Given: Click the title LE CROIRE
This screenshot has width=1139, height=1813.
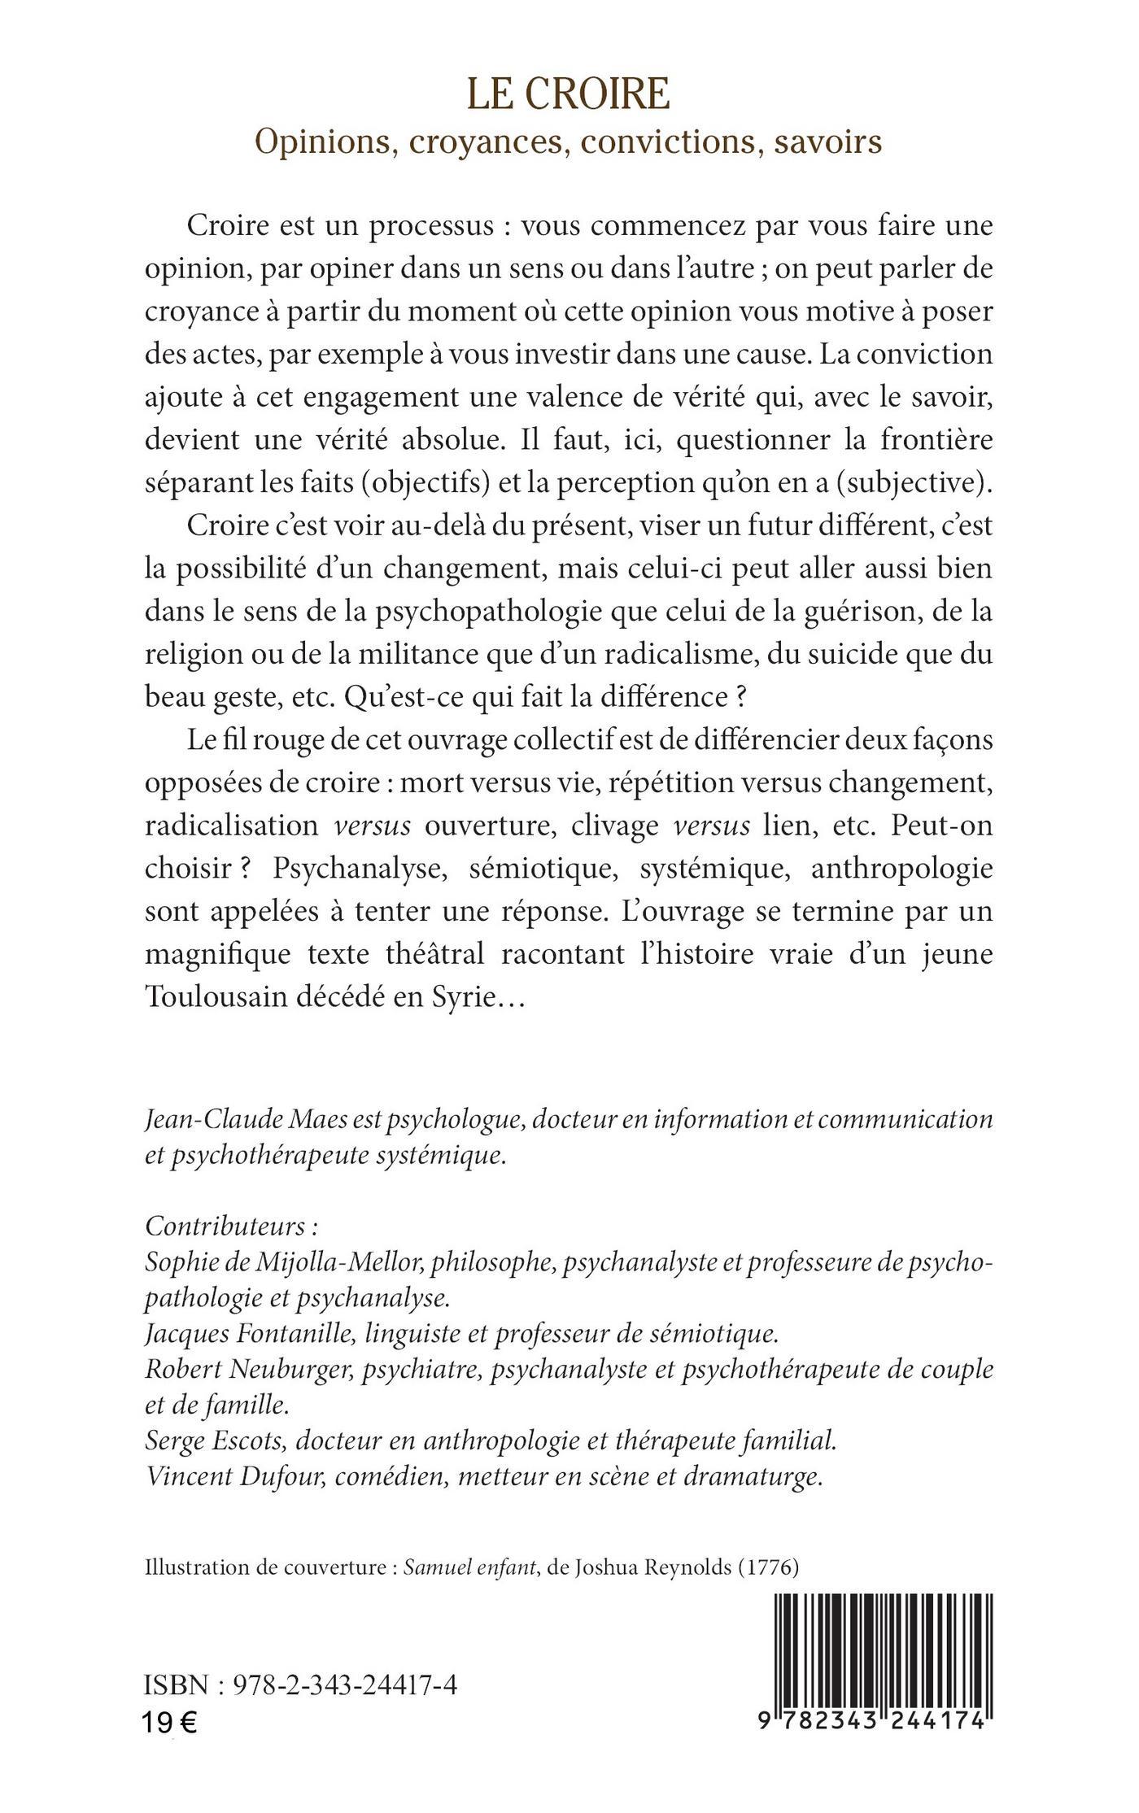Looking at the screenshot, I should coord(569,94).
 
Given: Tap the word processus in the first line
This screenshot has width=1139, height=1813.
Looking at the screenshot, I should coord(431,225).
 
